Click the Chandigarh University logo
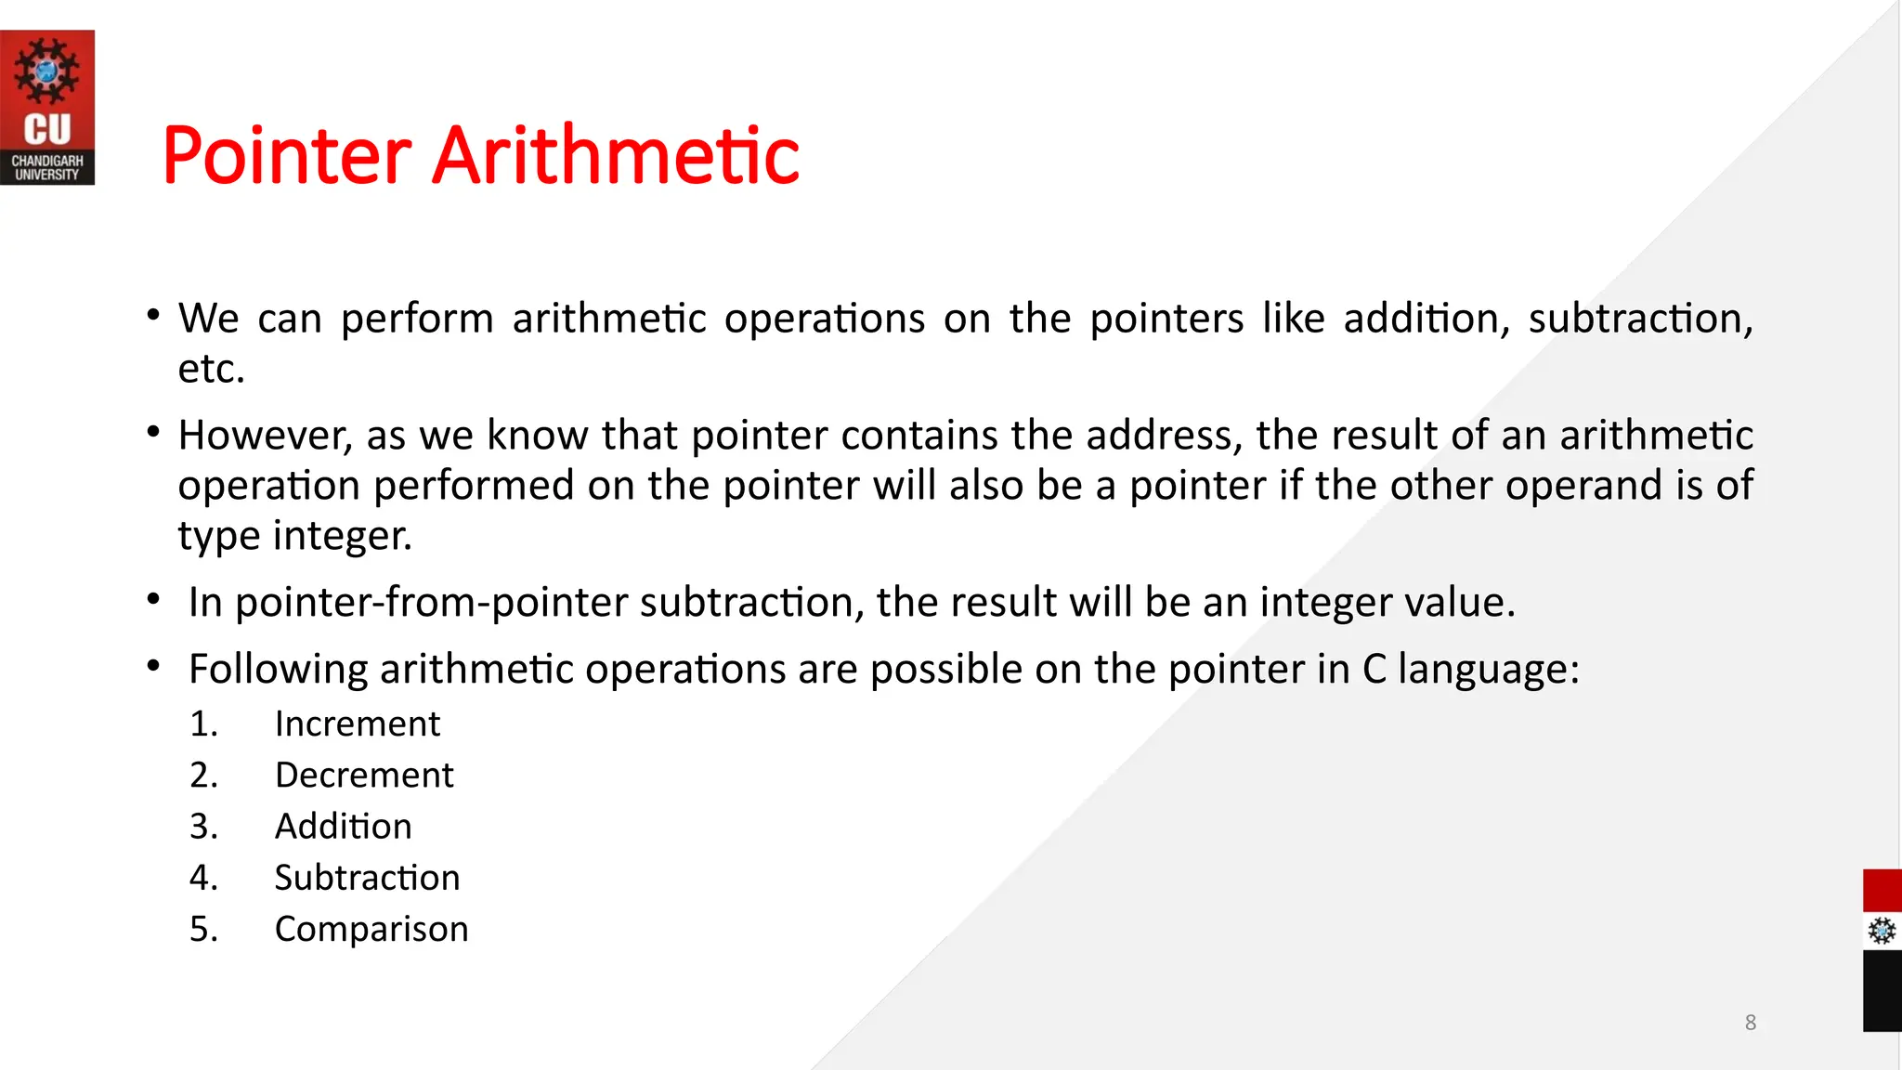47,108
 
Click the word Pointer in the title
286,155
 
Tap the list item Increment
357,724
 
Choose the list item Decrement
364,776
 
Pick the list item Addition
343,827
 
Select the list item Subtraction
367,878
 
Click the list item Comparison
371,929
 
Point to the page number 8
1750,1023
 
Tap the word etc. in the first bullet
211,369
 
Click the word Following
278,670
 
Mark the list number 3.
203,827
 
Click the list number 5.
203,929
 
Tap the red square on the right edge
1882,891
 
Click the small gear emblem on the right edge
1882,931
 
